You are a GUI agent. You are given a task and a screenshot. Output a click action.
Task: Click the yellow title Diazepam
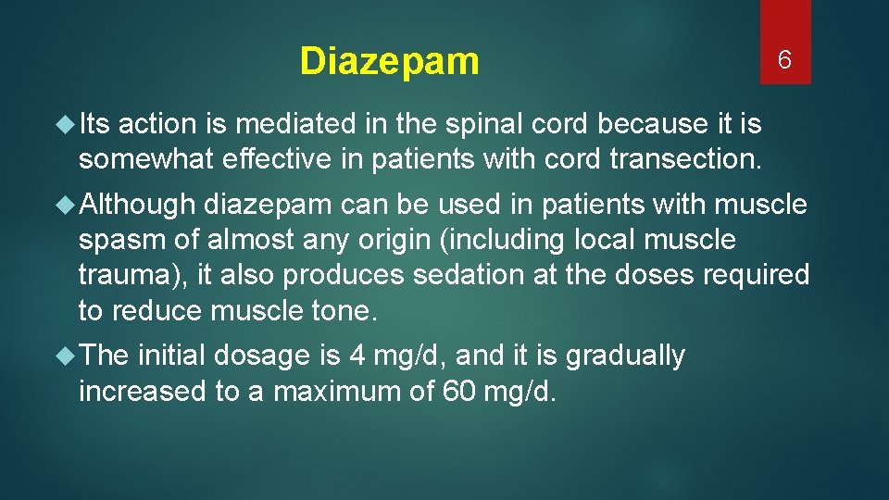pos(390,62)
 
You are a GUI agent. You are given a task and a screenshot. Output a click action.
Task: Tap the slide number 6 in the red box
pos(784,61)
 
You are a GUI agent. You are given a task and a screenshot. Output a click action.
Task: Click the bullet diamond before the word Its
pos(68,123)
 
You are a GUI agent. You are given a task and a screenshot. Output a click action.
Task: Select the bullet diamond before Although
pos(68,203)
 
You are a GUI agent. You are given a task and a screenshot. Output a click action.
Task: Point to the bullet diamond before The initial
pos(68,356)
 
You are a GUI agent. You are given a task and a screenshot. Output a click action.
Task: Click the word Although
pos(138,203)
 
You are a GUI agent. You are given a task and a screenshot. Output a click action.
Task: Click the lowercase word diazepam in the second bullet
pos(269,203)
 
